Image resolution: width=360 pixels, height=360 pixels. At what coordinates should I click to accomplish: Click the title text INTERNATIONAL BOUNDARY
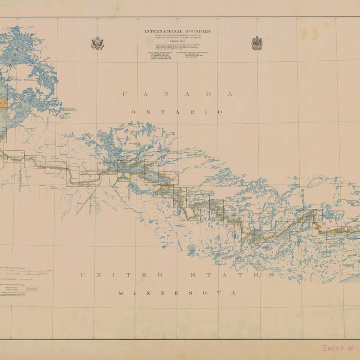tap(178, 31)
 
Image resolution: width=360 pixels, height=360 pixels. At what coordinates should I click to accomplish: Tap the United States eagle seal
tap(98, 43)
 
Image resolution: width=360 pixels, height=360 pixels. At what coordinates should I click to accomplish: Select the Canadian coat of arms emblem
tap(257, 43)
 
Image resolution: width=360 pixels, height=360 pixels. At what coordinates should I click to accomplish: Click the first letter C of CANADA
tap(125, 94)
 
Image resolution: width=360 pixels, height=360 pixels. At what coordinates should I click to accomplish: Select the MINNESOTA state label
tap(176, 293)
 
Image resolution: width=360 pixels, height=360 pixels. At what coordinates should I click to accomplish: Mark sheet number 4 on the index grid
tap(22, 153)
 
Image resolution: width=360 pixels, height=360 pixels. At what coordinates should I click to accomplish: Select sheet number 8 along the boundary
tap(90, 176)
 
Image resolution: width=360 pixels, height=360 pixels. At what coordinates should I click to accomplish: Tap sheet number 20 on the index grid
tap(248, 229)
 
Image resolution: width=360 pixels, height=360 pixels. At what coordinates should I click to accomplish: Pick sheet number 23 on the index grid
tap(291, 213)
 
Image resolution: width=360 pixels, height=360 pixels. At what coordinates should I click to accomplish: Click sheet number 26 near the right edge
tap(329, 229)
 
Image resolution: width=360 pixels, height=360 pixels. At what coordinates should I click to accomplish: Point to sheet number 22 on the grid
tap(279, 240)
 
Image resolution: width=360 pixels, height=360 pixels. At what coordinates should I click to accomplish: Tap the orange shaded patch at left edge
tap(3, 103)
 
